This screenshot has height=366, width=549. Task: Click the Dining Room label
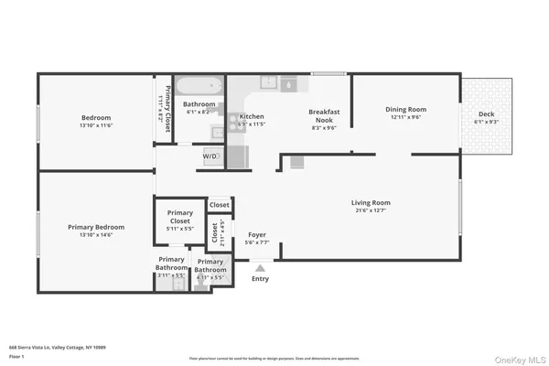[x=405, y=110]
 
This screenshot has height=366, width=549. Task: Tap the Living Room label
[x=371, y=202]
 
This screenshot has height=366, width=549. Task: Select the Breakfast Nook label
[x=325, y=116]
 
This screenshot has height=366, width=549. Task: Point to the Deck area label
[x=486, y=114]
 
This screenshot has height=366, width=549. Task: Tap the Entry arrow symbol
[x=260, y=268]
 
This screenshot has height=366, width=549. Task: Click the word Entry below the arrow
[x=260, y=279]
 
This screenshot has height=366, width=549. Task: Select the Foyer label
[x=257, y=235]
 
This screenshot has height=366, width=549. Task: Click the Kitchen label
[x=252, y=117]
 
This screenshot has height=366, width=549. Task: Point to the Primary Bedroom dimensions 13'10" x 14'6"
[x=96, y=235]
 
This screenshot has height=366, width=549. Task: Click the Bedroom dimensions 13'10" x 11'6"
[x=96, y=125]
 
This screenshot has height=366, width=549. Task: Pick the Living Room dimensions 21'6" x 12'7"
[x=371, y=210]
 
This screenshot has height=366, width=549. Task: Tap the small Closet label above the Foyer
[x=220, y=205]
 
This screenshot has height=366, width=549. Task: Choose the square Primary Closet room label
[x=179, y=217]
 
